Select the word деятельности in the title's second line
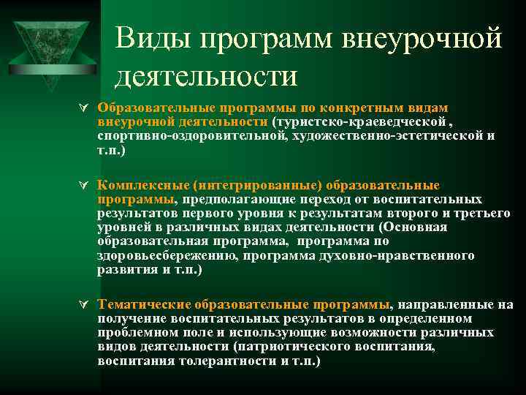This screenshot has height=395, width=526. pos(207,75)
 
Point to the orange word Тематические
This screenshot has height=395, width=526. pos(143,304)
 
